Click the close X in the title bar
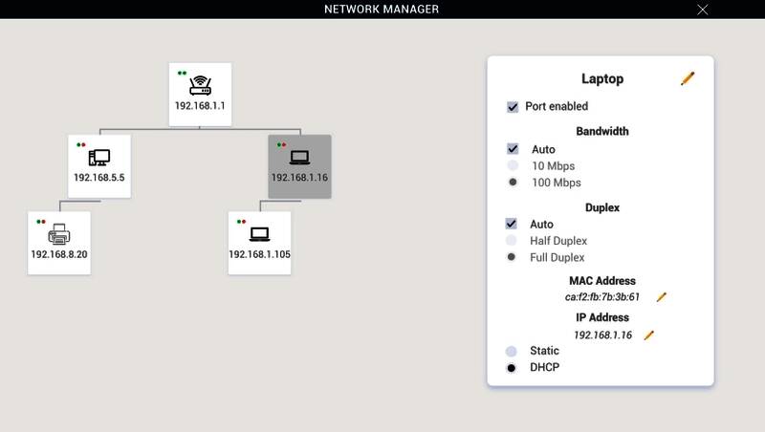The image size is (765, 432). coord(703,10)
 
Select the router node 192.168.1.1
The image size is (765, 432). coord(200,94)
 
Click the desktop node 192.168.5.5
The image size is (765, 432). coord(98,165)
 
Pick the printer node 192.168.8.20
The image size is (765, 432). coord(59,242)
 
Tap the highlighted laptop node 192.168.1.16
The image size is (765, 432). coord(299,165)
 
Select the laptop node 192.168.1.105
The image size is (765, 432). coord(259,242)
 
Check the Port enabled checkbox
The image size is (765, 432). coord(513,107)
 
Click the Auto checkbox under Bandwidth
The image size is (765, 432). coord(513,149)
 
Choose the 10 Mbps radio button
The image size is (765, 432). coord(513,165)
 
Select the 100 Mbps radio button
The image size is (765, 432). coord(513,182)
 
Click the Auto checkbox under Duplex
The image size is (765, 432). coord(513,224)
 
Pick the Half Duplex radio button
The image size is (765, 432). coord(513,241)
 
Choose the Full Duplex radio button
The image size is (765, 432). coord(513,257)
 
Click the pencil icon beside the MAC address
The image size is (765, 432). coord(661,297)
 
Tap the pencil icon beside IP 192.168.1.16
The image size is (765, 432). coord(648,335)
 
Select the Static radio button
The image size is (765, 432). coord(513,352)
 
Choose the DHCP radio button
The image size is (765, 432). coord(513,368)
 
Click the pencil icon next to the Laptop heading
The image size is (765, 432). coord(688,78)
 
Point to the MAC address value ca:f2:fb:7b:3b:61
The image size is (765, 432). coord(602,297)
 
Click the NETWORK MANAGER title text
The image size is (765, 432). coord(382,10)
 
